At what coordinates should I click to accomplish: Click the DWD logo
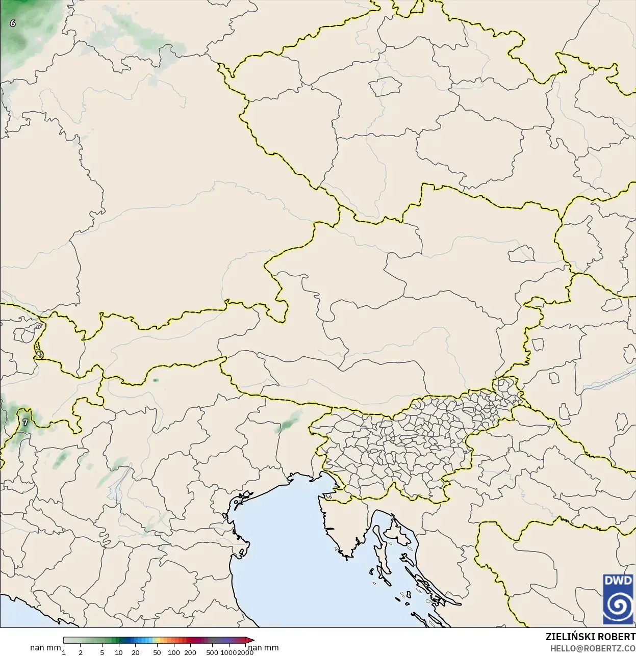click(618, 599)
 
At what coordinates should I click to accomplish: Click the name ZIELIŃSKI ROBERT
click(590, 637)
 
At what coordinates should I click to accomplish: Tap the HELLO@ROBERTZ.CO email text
click(592, 648)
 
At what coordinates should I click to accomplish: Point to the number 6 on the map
click(13, 23)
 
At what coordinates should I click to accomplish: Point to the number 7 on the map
click(26, 422)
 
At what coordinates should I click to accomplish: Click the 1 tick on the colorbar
click(64, 652)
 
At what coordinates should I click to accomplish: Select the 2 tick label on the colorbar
click(81, 652)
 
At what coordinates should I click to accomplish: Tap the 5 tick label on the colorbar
click(102, 652)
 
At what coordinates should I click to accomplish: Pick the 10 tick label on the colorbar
click(119, 652)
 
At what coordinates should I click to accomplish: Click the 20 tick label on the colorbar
click(136, 652)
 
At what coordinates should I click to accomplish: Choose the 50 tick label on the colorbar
click(157, 652)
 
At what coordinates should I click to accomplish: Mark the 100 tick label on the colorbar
click(174, 652)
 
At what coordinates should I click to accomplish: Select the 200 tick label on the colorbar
click(190, 652)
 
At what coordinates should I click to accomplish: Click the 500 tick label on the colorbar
click(212, 652)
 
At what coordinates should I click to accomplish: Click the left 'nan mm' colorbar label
click(45, 648)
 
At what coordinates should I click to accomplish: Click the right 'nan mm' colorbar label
click(263, 648)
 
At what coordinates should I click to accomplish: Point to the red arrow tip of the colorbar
click(251, 640)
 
